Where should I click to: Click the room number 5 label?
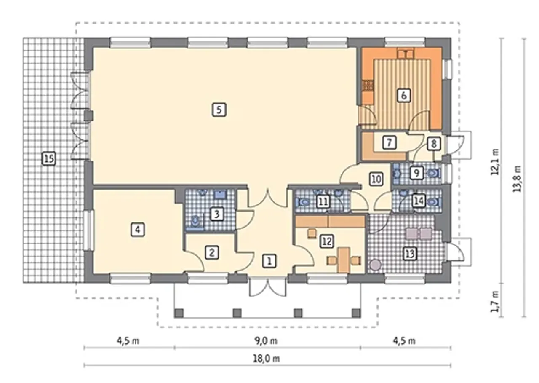click(x=219, y=110)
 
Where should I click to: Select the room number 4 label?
click(x=138, y=229)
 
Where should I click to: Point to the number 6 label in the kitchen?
click(x=403, y=96)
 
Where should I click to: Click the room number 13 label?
click(x=410, y=254)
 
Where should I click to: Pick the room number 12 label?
click(x=326, y=241)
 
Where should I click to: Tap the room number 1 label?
click(x=269, y=261)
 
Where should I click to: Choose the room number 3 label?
click(x=217, y=214)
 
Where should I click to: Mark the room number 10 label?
click(x=376, y=179)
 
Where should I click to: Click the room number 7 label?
click(x=389, y=142)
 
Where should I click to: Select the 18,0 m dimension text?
click(x=267, y=359)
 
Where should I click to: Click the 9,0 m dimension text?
click(x=266, y=341)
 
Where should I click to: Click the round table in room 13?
click(x=375, y=265)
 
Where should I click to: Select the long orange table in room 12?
click(x=344, y=260)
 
